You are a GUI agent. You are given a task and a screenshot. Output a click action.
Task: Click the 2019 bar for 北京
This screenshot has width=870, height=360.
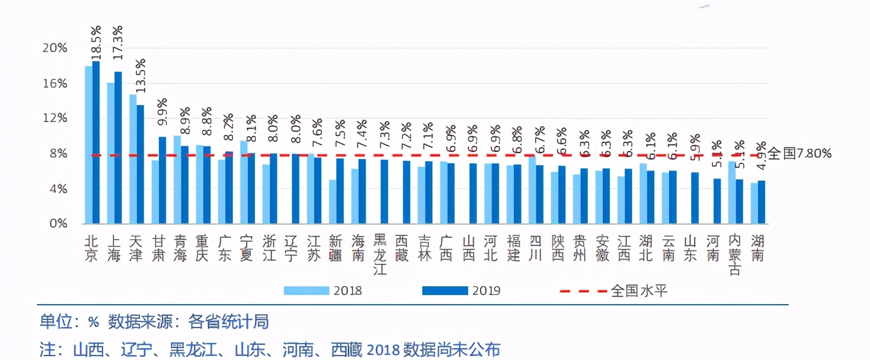96,142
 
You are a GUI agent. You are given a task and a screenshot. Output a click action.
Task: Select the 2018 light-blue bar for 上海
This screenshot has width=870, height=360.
111,153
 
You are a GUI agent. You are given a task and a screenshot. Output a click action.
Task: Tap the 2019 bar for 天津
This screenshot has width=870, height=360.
141,164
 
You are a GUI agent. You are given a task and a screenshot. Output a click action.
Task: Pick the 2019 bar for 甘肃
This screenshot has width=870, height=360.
163,180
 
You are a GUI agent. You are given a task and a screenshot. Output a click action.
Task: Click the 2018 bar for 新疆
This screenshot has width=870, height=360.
333,201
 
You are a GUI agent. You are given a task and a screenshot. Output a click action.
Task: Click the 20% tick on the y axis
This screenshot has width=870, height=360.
54,48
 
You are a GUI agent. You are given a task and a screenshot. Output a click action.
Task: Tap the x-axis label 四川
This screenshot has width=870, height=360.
535,248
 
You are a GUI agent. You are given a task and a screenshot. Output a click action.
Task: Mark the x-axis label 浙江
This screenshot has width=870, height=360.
270,248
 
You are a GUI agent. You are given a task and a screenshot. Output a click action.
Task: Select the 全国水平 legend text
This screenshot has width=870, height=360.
639,291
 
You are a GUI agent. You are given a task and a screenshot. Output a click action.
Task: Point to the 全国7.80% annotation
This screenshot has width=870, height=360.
799,154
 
